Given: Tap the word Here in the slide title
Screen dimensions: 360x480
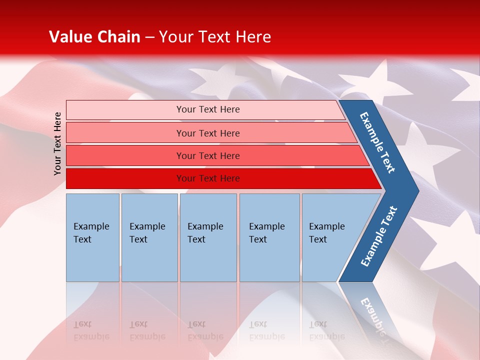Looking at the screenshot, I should click(x=253, y=37).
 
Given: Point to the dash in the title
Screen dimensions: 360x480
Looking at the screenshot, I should click(x=149, y=37).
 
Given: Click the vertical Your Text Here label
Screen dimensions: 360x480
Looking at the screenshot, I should click(x=57, y=143).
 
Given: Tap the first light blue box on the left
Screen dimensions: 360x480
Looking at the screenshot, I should click(x=92, y=237).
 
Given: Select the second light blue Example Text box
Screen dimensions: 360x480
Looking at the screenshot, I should click(x=149, y=237).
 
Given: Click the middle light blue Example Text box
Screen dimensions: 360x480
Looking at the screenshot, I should click(x=208, y=237).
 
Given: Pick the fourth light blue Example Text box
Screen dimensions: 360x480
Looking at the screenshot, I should click(x=269, y=237).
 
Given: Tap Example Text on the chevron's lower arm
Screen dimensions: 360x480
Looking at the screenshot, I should click(x=378, y=236).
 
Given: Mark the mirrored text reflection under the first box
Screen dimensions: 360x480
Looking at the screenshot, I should click(x=91, y=330).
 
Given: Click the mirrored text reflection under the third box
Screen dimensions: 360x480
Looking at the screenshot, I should click(x=205, y=330).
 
